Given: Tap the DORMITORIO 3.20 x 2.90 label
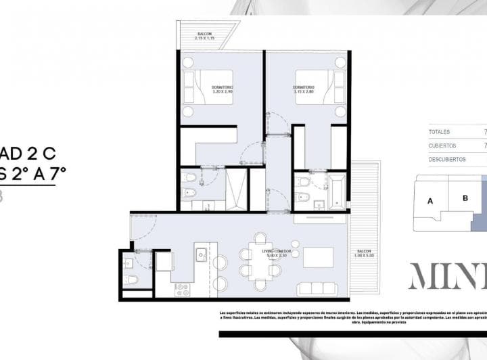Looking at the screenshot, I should [x=221, y=90].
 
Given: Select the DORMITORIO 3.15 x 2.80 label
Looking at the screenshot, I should [x=303, y=90].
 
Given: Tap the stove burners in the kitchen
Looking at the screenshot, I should [x=182, y=290].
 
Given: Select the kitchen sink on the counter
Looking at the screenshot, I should [x=201, y=255].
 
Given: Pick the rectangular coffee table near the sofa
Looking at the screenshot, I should [x=318, y=257].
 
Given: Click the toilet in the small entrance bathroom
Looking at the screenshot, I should [x=132, y=279].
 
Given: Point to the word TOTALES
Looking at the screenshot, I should [x=440, y=132].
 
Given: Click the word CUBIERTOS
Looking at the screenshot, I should [x=442, y=145].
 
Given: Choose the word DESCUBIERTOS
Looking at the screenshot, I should [x=447, y=160].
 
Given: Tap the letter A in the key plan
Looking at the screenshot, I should [x=430, y=200].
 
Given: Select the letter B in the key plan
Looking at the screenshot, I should [x=465, y=198].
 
